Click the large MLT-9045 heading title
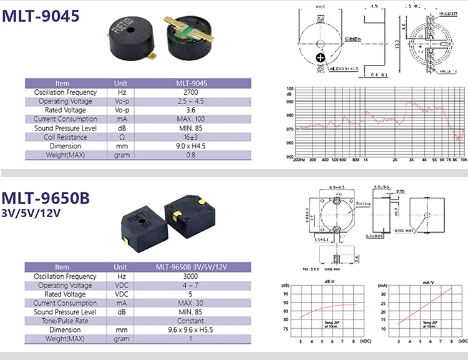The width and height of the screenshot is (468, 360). (x=42, y=16)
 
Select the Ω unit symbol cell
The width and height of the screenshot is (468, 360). (x=122, y=137)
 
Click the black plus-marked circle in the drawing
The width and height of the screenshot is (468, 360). (x=321, y=57)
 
